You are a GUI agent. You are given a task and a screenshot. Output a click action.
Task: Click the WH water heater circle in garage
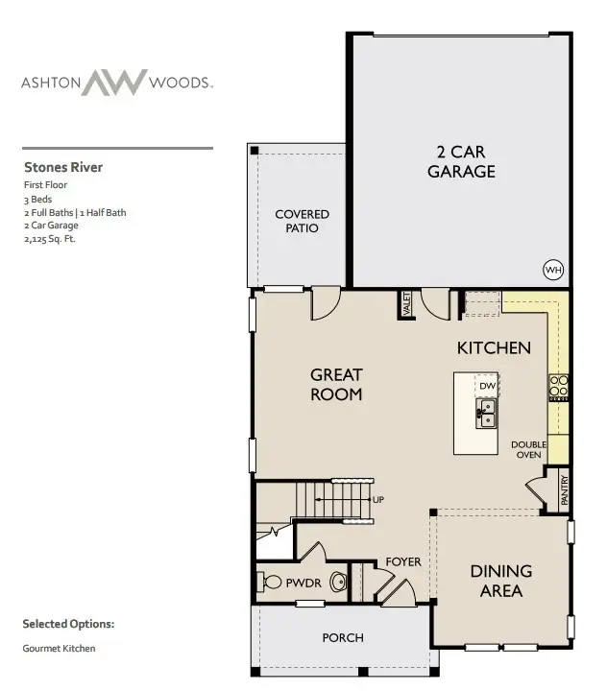coord(553,270)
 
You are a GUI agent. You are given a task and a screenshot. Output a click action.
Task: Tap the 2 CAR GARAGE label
coord(462,161)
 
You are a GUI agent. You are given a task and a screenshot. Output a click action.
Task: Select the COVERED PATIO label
coord(303,221)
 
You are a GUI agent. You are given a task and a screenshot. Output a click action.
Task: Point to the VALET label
coord(407,304)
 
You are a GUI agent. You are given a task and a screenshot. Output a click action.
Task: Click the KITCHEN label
coord(494,347)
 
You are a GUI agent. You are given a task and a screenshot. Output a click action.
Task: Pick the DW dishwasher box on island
coord(487,386)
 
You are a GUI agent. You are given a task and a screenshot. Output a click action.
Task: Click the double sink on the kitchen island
coord(486,414)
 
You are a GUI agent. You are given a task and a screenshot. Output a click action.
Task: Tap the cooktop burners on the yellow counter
coord(559,386)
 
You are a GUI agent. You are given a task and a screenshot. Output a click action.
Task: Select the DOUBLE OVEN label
coord(528,450)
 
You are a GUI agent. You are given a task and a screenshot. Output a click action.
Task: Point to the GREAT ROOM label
coord(336,384)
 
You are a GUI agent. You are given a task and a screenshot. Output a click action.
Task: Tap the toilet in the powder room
coord(337,581)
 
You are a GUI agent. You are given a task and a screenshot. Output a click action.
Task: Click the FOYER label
coord(403,561)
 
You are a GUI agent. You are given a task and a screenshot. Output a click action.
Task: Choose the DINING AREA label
coord(501,581)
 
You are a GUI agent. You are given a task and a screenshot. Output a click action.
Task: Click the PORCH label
coord(342,637)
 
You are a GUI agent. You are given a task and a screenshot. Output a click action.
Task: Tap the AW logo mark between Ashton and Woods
coord(114,83)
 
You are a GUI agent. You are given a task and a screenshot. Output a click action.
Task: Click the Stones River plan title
coord(63,167)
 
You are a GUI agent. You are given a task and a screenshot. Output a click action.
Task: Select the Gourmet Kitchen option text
coord(59,649)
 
